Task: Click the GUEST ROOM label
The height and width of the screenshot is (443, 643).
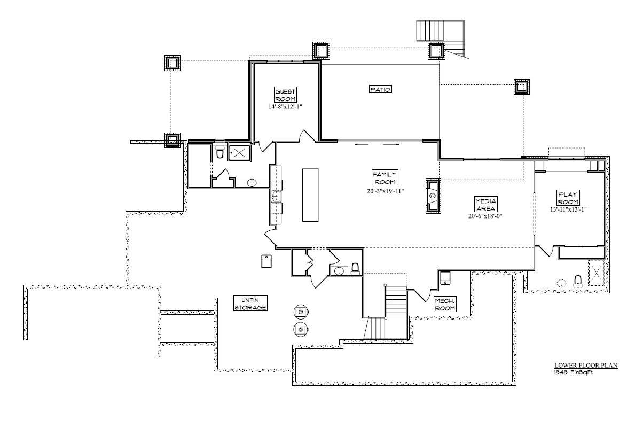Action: pos(285,95)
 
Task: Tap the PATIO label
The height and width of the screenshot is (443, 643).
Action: pos(380,89)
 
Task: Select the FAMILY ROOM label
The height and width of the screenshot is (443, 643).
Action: pos(384,178)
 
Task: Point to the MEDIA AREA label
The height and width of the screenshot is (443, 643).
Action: pos(485,204)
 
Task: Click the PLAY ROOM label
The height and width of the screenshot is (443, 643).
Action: pos(568,198)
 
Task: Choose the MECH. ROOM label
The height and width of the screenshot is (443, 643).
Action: pos(444,304)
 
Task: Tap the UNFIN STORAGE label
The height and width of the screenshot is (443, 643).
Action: pos(250,304)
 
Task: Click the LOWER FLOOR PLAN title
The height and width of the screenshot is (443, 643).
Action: pos(585,366)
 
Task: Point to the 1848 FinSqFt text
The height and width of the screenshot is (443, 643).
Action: pos(573,372)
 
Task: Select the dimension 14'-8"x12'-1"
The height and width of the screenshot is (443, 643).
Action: pos(285,107)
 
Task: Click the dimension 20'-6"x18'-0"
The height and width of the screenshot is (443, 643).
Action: pos(485,216)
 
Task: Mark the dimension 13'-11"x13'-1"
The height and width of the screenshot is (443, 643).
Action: pos(568,209)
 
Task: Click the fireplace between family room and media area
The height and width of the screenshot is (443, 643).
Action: pos(433,196)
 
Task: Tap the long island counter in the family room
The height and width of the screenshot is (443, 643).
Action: pos(310,195)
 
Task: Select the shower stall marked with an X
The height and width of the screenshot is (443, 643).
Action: pos(238,153)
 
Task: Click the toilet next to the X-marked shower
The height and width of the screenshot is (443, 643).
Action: pos(219,153)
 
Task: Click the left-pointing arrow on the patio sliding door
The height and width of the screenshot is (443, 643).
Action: pos(360,144)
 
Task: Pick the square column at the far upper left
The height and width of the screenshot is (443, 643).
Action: pos(172,63)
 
